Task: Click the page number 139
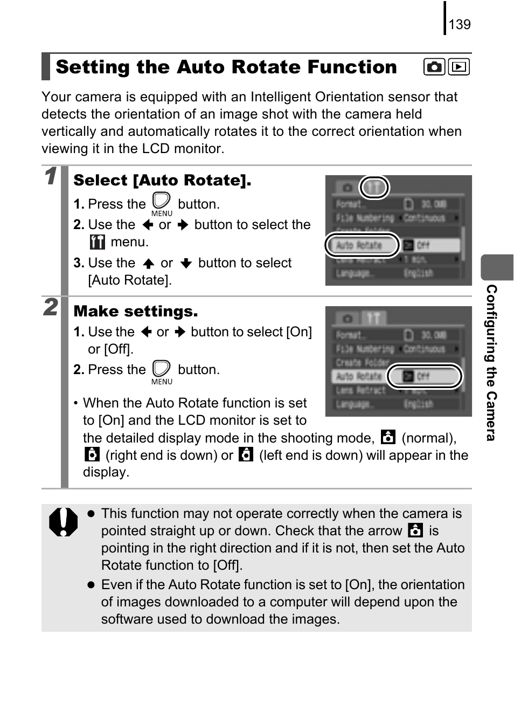click(x=459, y=24)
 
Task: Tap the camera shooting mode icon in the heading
click(x=434, y=67)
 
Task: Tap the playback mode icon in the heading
click(x=459, y=67)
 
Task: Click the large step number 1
click(x=51, y=176)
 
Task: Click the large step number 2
click(x=51, y=307)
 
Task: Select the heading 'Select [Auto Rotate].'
click(x=162, y=180)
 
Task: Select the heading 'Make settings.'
click(x=135, y=311)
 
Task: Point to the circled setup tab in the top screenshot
click(x=374, y=188)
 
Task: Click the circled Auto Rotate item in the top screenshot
click(x=362, y=245)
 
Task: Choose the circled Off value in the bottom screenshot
click(x=425, y=376)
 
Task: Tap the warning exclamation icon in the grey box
click(x=63, y=522)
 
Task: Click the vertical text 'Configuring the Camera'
click(x=491, y=362)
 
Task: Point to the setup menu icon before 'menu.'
click(x=97, y=242)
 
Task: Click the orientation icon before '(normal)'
click(x=388, y=437)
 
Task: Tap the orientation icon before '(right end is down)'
click(x=92, y=454)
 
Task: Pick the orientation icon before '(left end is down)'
click(x=246, y=454)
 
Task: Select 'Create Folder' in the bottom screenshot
click(x=362, y=362)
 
